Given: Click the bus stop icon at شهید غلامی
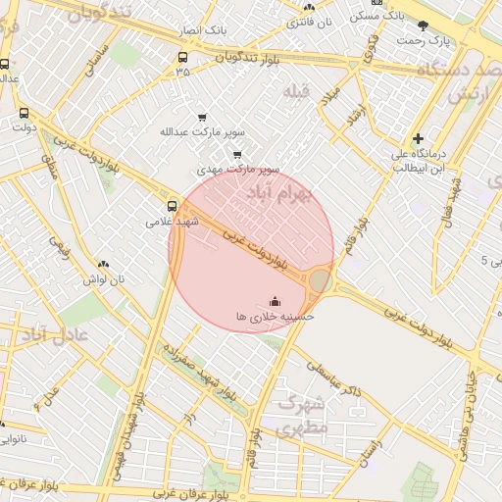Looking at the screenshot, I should click(x=173, y=206).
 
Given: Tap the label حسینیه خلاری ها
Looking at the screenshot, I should click(x=274, y=317).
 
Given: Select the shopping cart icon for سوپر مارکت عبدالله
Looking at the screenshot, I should click(x=202, y=117).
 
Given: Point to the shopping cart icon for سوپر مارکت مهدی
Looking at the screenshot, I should click(x=237, y=154).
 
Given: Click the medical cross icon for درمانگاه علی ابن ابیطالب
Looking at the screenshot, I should click(x=419, y=139).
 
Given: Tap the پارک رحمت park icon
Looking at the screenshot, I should click(x=423, y=25).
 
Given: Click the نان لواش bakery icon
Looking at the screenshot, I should click(x=104, y=264).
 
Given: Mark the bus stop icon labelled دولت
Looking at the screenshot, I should click(x=24, y=112).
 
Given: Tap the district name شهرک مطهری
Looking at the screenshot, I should click(x=301, y=415).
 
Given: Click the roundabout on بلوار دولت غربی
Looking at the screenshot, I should click(x=320, y=282).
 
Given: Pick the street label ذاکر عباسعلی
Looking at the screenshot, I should click(x=333, y=377).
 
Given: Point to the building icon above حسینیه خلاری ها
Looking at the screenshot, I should click(x=274, y=301).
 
